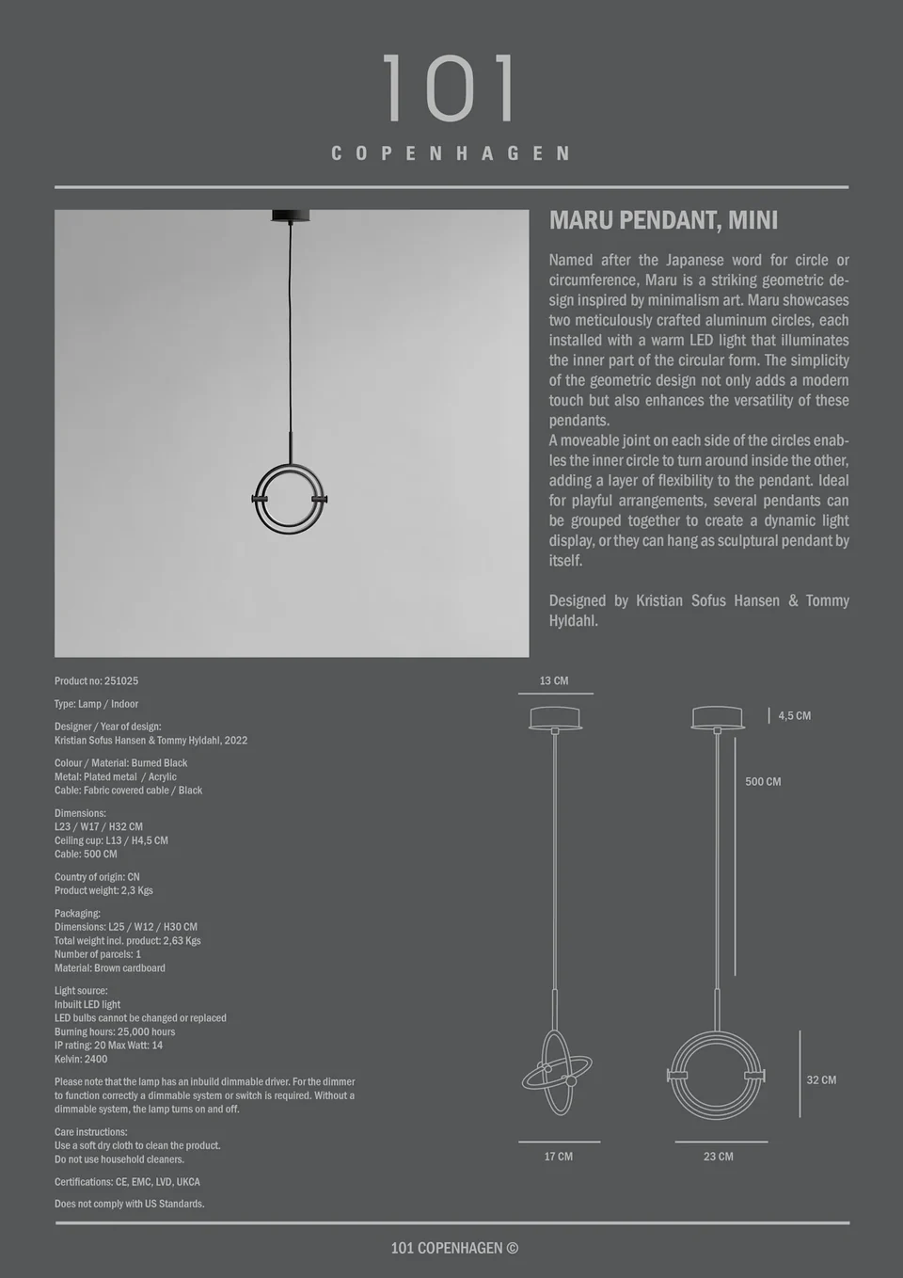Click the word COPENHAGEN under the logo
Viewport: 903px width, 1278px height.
(x=451, y=153)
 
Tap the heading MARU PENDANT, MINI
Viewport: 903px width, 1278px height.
(x=663, y=220)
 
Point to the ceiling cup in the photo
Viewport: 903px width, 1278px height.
(x=291, y=216)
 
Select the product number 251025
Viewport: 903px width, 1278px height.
(x=96, y=680)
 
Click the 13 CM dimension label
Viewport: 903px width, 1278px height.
(x=554, y=680)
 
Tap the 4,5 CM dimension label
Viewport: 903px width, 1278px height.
(x=794, y=716)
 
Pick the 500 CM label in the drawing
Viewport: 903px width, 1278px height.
(x=763, y=782)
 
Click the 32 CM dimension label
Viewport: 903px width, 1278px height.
(x=821, y=1080)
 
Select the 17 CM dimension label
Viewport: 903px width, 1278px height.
(x=558, y=1157)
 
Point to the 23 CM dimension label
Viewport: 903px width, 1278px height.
(x=718, y=1157)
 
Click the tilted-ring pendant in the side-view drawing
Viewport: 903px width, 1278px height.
(x=557, y=1073)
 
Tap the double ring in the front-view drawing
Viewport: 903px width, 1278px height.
(x=717, y=1075)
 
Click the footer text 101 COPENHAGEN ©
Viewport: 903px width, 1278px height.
(x=454, y=1248)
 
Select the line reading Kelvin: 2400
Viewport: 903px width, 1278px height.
(x=81, y=1059)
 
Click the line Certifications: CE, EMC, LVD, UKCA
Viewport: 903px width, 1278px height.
(x=127, y=1182)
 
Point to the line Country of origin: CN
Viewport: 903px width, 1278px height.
(x=97, y=877)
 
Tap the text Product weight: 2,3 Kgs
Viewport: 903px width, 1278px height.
(x=103, y=890)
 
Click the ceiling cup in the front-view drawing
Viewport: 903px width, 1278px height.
(x=718, y=718)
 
